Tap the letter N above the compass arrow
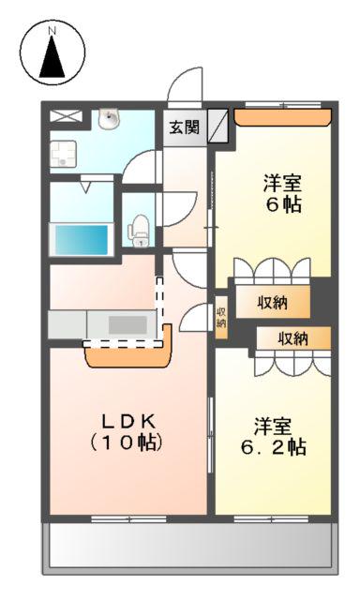click(x=52, y=31)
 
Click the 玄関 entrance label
click(x=185, y=127)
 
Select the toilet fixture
click(x=139, y=231)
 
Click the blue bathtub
click(x=82, y=240)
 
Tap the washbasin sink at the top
click(x=111, y=118)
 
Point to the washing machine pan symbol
click(x=63, y=154)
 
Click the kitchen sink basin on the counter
click(x=127, y=325)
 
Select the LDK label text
click(x=128, y=422)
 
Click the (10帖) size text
click(x=127, y=442)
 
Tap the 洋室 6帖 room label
click(x=283, y=194)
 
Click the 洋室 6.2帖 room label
click(x=274, y=436)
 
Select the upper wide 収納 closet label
click(x=272, y=303)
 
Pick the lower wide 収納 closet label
click(x=292, y=338)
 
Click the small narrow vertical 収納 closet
click(x=221, y=317)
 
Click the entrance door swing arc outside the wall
click(x=185, y=86)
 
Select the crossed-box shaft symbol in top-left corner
click(x=66, y=116)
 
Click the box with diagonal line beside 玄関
click(x=217, y=126)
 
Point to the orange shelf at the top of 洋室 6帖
click(x=283, y=117)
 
